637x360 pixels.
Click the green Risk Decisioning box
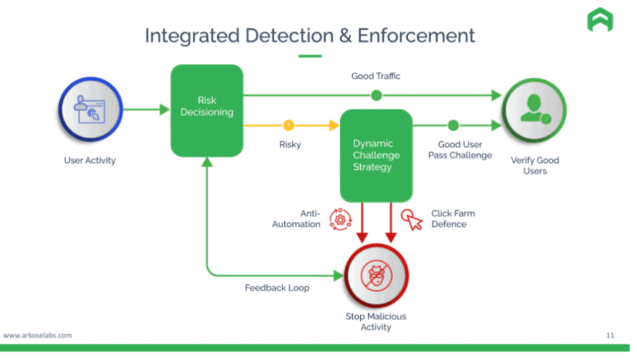pyautogui.click(x=207, y=110)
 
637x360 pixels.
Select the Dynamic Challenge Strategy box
pyautogui.click(x=376, y=155)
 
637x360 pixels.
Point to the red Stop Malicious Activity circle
pyautogui.click(x=376, y=275)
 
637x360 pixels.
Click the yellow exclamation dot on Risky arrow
pyautogui.click(x=289, y=126)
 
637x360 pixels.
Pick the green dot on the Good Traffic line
pyautogui.click(x=376, y=95)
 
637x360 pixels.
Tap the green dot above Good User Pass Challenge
pyautogui.click(x=453, y=126)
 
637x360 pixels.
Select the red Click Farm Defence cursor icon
pyautogui.click(x=412, y=219)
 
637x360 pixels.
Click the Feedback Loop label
pyautogui.click(x=276, y=288)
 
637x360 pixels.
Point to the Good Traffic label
pyautogui.click(x=376, y=76)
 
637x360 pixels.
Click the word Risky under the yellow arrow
pyautogui.click(x=290, y=144)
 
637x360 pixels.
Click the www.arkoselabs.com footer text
pyautogui.click(x=37, y=335)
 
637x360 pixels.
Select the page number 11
pyautogui.click(x=610, y=335)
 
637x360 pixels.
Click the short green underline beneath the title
pyautogui.click(x=310, y=56)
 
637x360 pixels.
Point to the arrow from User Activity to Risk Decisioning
pyautogui.click(x=146, y=110)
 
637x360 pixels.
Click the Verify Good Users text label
pyautogui.click(x=534, y=165)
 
